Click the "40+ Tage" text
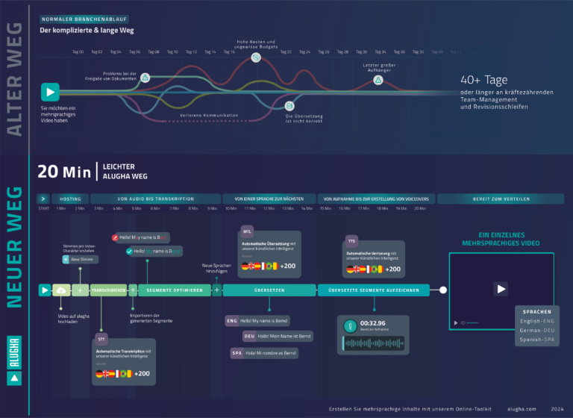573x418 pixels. coord(484,78)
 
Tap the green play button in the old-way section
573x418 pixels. coord(50,92)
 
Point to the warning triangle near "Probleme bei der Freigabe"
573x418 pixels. coord(145,78)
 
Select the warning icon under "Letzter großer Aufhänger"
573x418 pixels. coord(378,80)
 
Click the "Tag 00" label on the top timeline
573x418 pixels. coord(78,52)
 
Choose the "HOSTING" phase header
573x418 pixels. coord(70,199)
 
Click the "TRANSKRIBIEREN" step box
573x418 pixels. coord(109,290)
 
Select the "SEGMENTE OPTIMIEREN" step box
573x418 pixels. coord(175,290)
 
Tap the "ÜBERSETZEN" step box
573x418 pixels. coord(269,290)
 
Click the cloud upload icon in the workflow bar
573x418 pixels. coord(61,290)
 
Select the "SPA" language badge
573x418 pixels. coord(237,352)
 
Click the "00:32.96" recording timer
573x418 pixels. coord(375,324)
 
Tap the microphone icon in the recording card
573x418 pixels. coord(349,327)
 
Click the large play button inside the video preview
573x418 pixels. coord(501,289)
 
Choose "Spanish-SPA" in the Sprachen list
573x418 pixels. coord(537,340)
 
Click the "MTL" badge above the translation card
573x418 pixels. coord(248,231)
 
